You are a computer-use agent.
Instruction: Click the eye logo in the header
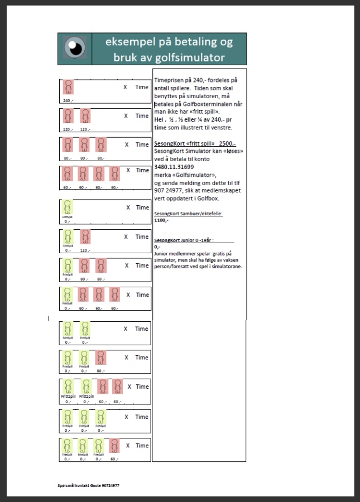[x=75, y=49]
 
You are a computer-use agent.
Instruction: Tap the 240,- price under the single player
[x=68, y=100]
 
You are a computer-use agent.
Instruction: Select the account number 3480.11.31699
[x=174, y=167]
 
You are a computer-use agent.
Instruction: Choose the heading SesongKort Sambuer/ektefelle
[x=188, y=214]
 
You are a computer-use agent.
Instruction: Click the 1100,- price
[x=161, y=220]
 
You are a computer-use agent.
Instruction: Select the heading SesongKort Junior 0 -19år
[x=184, y=240]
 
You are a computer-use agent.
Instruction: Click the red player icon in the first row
[x=68, y=88]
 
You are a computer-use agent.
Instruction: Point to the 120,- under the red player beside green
[x=85, y=250]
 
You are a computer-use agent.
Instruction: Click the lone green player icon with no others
[x=68, y=207]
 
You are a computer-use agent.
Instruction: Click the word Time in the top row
[x=142, y=87]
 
